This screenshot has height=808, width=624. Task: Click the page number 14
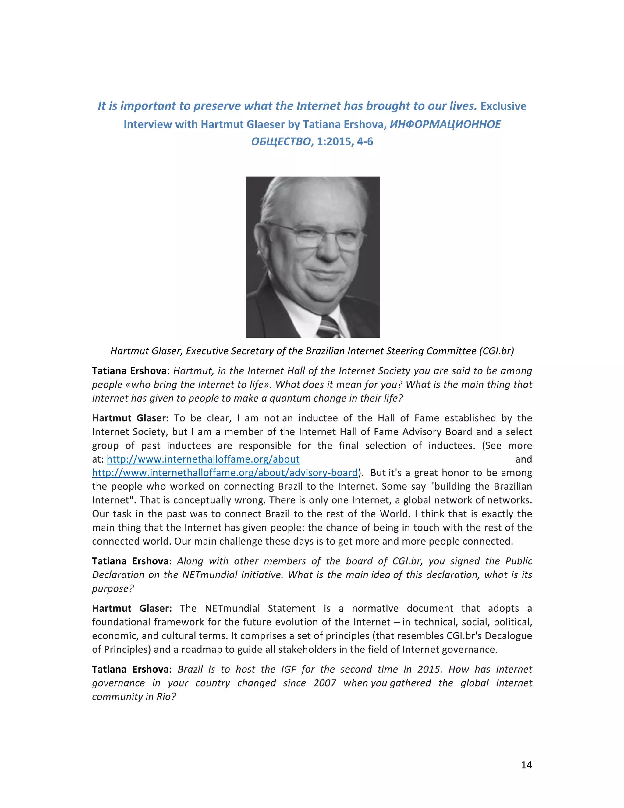[526, 765]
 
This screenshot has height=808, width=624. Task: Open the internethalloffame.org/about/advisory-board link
[225, 473]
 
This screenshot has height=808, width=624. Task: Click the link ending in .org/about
[203, 459]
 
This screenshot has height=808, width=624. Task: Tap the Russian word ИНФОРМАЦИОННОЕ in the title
[445, 124]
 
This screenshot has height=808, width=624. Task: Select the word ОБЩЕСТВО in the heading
[281, 142]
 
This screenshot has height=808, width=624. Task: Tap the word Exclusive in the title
[503, 106]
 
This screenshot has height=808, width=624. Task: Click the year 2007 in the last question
[324, 683]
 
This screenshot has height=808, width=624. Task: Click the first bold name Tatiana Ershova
[129, 371]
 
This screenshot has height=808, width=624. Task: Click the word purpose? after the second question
[113, 588]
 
